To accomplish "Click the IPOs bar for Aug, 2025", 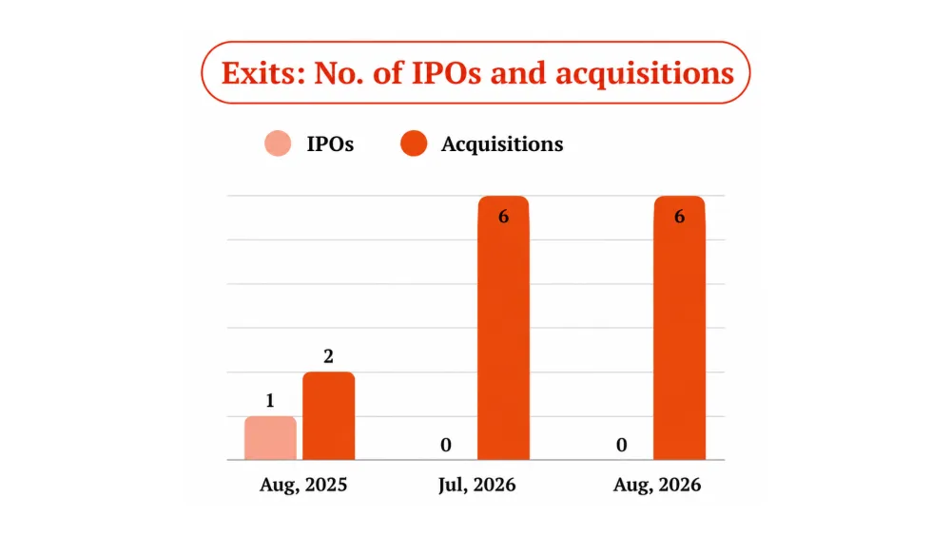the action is coord(270,438).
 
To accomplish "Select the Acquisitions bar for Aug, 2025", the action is coord(329,415).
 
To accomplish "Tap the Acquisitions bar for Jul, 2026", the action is coord(503,328).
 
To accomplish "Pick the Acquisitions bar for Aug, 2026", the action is coord(679,328).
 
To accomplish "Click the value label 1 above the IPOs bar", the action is coord(270,400).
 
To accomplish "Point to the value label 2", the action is coord(328,356).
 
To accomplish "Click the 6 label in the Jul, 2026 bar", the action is coord(503,217).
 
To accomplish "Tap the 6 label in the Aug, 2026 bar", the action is coord(679,217).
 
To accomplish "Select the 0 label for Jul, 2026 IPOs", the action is coord(446,446).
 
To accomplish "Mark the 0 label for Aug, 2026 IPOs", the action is coord(622,446).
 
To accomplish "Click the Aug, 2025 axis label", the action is coord(303,486).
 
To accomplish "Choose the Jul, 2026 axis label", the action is coord(476,486).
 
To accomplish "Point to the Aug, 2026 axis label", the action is coord(657,486).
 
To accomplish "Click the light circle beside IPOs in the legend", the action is coord(278,143).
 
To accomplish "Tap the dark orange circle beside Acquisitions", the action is coord(414,143).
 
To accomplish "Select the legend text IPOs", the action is coord(330,144).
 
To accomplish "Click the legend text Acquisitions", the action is coord(502,144).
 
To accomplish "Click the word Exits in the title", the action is coord(262,73).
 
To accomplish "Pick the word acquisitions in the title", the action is coord(645,74).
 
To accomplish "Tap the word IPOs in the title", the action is coord(447,73).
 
